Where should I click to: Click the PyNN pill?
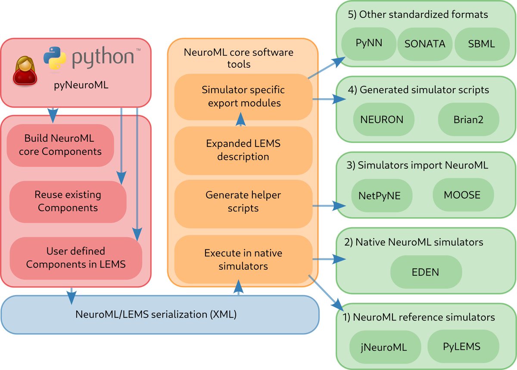tap(369, 44)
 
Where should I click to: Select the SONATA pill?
tap(425, 44)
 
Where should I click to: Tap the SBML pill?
tap(482, 44)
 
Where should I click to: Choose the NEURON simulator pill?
tap(383, 119)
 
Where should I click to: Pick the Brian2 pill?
tap(469, 119)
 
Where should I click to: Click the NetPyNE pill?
tap(382, 195)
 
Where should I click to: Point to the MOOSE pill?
tap(463, 195)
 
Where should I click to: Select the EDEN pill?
tap(426, 272)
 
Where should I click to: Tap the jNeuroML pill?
tap(385, 347)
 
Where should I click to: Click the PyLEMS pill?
tap(463, 346)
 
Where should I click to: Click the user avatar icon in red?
tap(25, 71)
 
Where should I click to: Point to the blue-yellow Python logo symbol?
tap(55, 58)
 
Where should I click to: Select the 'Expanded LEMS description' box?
tap(243, 150)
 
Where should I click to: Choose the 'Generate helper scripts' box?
tap(243, 204)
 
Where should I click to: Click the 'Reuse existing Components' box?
tap(68, 202)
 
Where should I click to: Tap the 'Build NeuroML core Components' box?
tap(60, 146)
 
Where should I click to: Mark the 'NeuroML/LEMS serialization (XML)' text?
tap(156, 314)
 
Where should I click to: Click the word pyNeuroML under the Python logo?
tap(81, 85)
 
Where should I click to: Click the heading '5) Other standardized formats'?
tap(418, 15)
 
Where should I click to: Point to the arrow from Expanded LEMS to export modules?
tap(241, 119)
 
